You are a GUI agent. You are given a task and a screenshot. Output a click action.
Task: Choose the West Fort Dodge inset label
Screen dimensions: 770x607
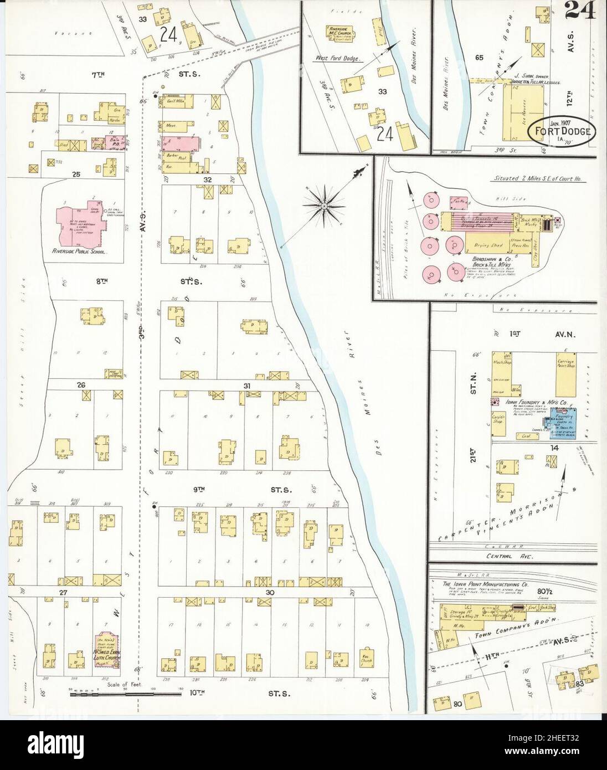point(338,58)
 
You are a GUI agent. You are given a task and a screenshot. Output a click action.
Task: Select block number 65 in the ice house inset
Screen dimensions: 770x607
point(479,57)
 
